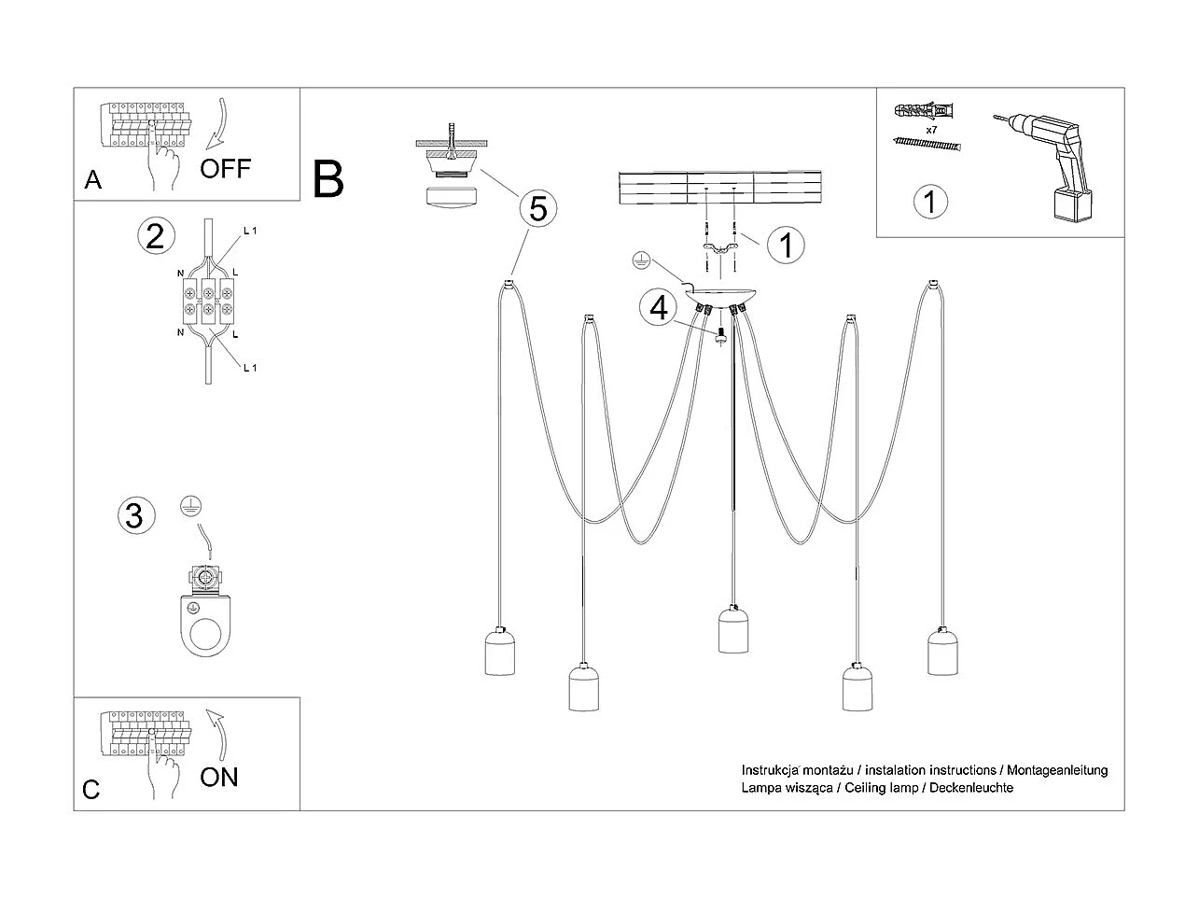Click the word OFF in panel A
(x=225, y=168)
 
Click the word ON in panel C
(x=219, y=777)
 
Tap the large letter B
(x=328, y=179)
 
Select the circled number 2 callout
(x=155, y=235)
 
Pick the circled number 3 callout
(x=134, y=514)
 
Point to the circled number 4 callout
(x=660, y=307)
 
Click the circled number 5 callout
(x=538, y=208)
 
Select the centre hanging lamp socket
(x=734, y=629)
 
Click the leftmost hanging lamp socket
(x=502, y=650)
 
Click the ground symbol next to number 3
(x=189, y=508)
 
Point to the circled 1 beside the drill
(x=930, y=202)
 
